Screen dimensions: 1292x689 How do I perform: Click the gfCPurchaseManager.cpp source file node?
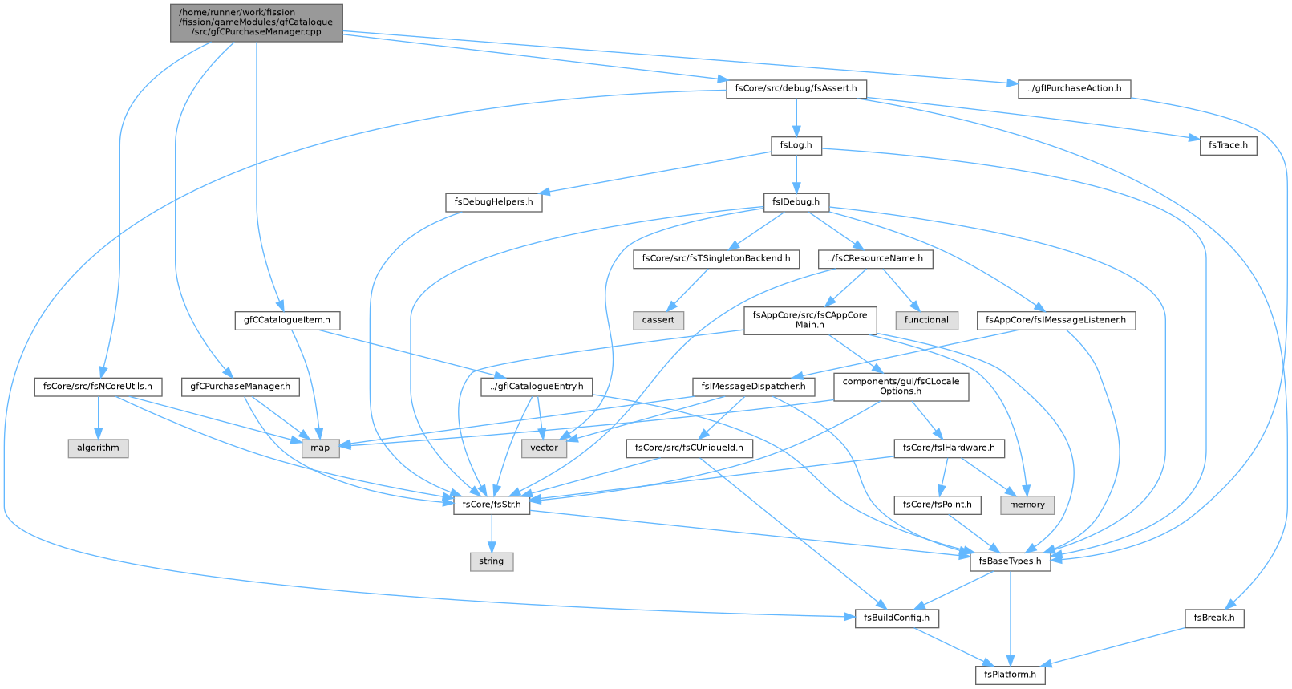[256, 22]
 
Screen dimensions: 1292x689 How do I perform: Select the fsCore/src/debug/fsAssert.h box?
[796, 89]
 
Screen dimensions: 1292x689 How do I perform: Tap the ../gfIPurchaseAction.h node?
[1074, 89]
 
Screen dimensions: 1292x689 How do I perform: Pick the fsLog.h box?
[796, 145]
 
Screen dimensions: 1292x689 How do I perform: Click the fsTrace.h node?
[1228, 145]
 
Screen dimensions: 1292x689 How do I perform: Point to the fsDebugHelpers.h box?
[494, 202]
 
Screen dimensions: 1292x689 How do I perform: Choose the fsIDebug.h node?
[796, 202]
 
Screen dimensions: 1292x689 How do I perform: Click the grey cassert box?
[658, 320]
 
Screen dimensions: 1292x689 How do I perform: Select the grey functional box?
[926, 320]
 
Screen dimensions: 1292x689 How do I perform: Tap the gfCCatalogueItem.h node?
[287, 320]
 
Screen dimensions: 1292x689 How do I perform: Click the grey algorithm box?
[98, 448]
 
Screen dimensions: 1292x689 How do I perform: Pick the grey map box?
[320, 448]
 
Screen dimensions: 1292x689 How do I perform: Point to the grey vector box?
[544, 448]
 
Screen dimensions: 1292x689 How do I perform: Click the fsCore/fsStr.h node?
[492, 505]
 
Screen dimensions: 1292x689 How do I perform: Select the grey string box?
[492, 561]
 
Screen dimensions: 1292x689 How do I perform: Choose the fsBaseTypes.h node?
[1010, 561]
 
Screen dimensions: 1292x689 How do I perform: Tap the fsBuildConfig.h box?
[897, 618]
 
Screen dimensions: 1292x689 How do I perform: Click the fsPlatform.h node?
[1010, 675]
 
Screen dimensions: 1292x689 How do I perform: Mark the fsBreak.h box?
[1214, 618]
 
